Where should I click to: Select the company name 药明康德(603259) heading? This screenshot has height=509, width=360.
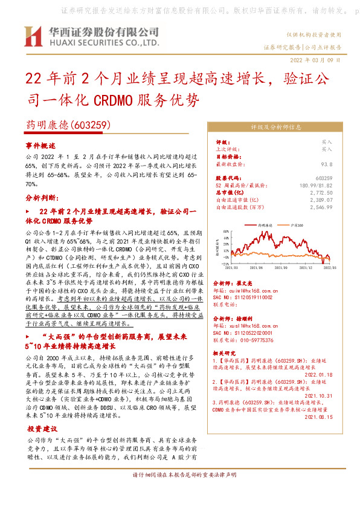coord(67,125)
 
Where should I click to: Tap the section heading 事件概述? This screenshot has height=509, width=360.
coord(40,146)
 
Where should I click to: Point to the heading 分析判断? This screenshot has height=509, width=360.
coord(42,198)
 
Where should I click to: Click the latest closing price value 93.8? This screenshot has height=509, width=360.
coord(327,164)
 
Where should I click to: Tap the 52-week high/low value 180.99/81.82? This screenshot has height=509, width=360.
coord(316,185)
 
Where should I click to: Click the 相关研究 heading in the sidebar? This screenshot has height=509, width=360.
coord(227,352)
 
